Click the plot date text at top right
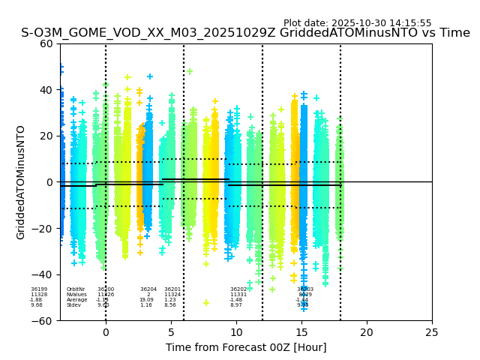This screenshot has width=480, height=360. (357, 23)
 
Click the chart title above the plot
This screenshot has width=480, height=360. (245, 33)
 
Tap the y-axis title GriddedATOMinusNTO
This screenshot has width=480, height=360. (21, 182)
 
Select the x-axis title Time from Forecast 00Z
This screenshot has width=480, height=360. (246, 347)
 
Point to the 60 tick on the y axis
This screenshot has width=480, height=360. (46, 43)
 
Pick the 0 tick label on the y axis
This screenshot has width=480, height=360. (49, 182)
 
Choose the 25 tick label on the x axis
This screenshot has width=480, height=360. (432, 332)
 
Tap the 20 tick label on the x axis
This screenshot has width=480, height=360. (367, 332)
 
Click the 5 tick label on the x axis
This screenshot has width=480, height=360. (171, 332)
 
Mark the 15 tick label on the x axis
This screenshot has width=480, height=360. (301, 332)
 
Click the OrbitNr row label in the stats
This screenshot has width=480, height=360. (76, 289)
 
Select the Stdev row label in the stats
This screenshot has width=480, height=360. (73, 305)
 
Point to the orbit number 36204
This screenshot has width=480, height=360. (148, 289)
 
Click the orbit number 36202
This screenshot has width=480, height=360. (238, 289)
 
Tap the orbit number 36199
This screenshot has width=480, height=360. (39, 289)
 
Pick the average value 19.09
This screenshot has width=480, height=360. (146, 300)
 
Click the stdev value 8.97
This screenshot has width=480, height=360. (236, 305)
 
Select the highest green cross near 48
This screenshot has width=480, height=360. (190, 72)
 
